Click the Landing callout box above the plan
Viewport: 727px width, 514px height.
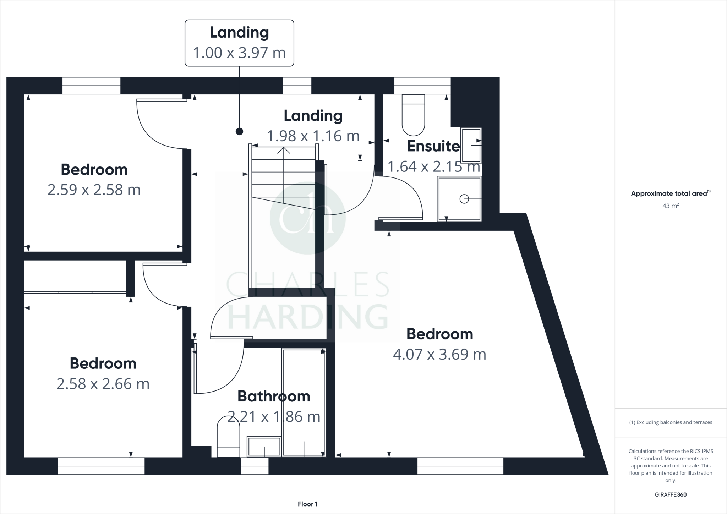pos(239,43)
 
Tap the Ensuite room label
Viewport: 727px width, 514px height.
pos(433,146)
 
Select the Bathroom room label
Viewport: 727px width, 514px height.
pos(274,397)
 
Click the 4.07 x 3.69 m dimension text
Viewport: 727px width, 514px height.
pos(439,354)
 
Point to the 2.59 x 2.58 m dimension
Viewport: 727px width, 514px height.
pos(94,190)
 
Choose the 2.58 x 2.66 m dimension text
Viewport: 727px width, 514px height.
pos(103,384)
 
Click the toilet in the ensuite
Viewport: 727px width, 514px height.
pos(413,115)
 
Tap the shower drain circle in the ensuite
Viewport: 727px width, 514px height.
pos(464,199)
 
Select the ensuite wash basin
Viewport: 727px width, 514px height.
pos(471,145)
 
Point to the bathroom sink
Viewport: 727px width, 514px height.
pos(264,447)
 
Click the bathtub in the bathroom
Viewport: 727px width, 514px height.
pos(304,402)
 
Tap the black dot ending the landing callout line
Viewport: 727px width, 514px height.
pos(240,132)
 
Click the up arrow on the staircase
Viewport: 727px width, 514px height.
pos(283,151)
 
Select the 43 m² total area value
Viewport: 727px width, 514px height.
pos(671,206)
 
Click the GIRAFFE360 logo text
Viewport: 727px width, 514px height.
pos(671,494)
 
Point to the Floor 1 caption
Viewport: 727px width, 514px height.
pos(308,504)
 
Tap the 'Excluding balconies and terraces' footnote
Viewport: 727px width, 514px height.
pos(671,422)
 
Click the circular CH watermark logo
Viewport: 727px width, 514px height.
pos(307,218)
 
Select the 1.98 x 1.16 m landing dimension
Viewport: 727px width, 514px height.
pos(313,136)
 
